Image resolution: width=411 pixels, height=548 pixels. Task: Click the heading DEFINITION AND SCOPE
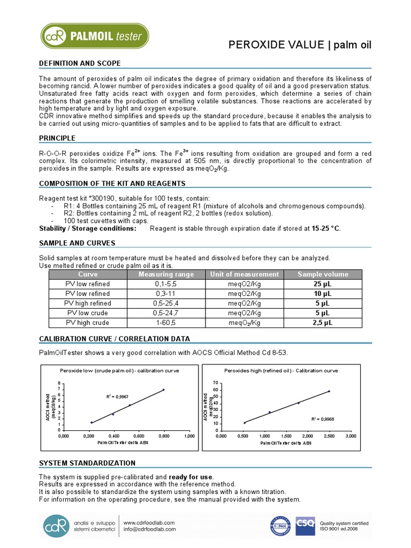pos(80,64)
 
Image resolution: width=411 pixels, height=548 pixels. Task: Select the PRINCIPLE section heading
pos(57,139)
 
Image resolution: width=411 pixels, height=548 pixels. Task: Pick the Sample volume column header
pos(323,275)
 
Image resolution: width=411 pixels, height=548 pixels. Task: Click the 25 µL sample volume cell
pos(323,284)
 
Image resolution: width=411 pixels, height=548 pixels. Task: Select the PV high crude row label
pos(87,323)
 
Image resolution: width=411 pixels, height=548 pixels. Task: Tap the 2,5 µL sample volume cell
pos(323,323)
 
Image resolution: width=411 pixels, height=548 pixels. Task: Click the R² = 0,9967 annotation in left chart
pos(117,396)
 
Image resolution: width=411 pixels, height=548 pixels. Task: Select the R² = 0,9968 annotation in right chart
pos(323,419)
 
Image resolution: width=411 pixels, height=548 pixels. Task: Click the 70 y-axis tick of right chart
pos(215,383)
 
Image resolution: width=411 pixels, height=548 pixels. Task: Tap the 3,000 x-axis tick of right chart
pos(351,437)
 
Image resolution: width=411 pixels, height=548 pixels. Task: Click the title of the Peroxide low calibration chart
pos(119,370)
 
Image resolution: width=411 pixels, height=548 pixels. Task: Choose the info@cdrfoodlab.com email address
pos(150,530)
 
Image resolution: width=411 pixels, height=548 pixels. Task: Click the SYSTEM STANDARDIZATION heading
pos(87,462)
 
